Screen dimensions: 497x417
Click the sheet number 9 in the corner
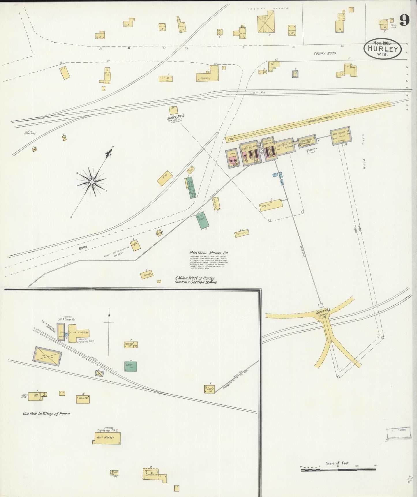click(405, 20)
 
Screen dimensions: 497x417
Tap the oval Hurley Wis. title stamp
click(383, 48)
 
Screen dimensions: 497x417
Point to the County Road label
click(325, 53)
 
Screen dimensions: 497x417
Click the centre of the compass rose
click(92, 182)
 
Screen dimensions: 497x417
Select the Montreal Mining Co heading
click(209, 253)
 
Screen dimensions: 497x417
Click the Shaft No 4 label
click(175, 118)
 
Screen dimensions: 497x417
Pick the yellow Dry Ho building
click(271, 205)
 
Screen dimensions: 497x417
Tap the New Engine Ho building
click(341, 135)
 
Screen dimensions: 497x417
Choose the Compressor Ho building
click(307, 141)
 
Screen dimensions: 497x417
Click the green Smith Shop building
click(202, 221)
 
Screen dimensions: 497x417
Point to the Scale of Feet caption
click(337, 463)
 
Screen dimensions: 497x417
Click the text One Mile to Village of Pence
click(46, 414)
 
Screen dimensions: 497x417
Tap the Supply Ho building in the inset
click(210, 389)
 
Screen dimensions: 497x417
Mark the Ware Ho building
click(83, 399)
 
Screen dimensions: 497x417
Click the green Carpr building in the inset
click(131, 366)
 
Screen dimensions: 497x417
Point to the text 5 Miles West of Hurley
click(195, 278)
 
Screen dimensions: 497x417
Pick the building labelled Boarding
click(207, 76)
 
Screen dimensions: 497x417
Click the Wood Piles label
click(364, 151)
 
